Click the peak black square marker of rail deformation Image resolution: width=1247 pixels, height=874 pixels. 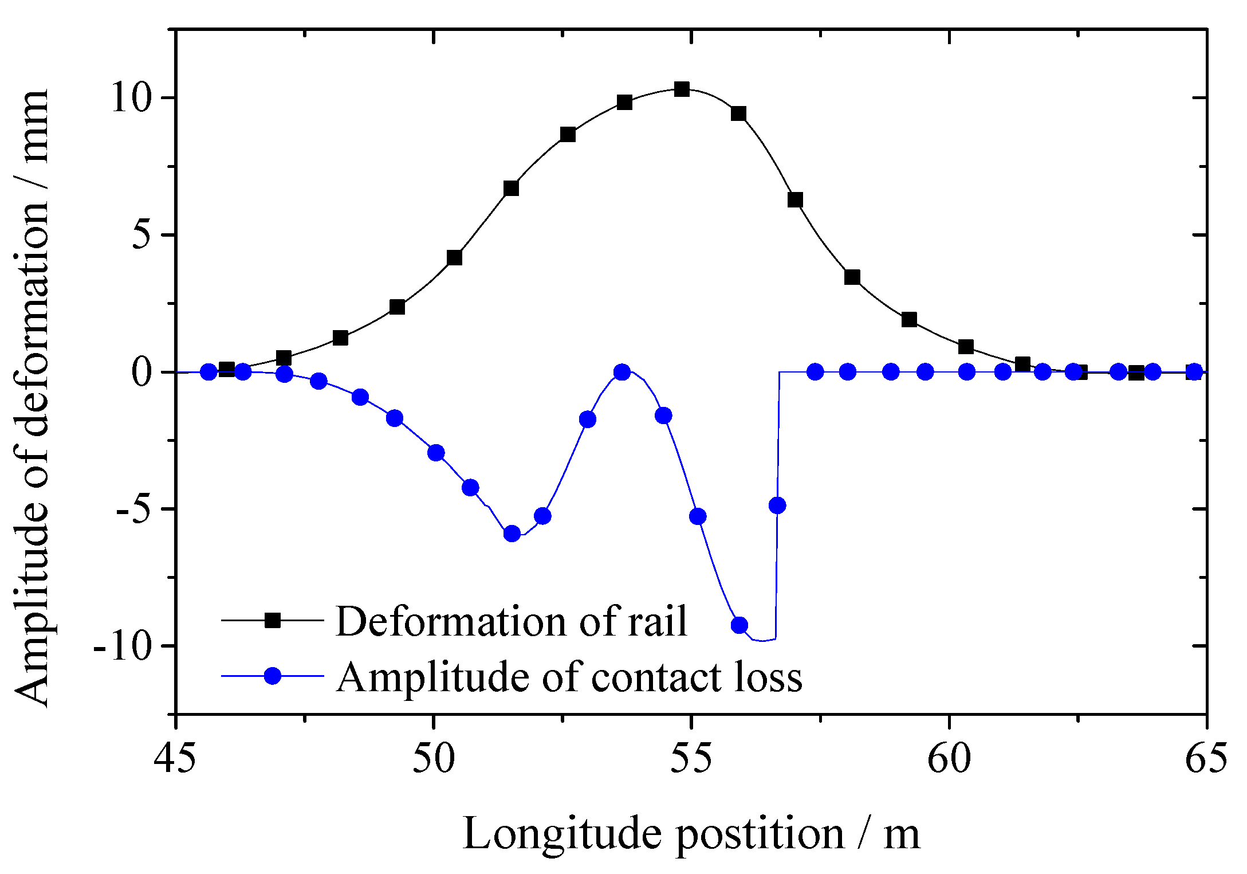(x=682, y=89)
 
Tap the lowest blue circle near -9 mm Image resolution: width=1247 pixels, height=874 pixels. (x=739, y=625)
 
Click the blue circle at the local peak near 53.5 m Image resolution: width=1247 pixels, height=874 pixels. (x=622, y=372)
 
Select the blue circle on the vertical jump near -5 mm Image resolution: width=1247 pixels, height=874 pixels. (x=777, y=505)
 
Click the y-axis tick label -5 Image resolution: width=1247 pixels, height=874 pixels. (x=136, y=509)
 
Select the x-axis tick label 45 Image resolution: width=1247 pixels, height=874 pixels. (x=175, y=758)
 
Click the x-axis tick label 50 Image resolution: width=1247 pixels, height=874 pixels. (x=434, y=758)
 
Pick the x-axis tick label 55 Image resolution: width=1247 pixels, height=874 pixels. (x=692, y=758)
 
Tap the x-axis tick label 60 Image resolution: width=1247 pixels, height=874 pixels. (x=950, y=758)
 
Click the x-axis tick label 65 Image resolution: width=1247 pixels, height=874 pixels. (x=1206, y=758)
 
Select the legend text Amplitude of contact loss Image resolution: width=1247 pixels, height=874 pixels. (x=569, y=677)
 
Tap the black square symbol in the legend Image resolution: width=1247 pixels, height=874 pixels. (x=273, y=620)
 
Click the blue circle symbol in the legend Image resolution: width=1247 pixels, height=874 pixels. (x=273, y=676)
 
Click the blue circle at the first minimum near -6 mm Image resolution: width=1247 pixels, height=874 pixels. (x=512, y=534)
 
